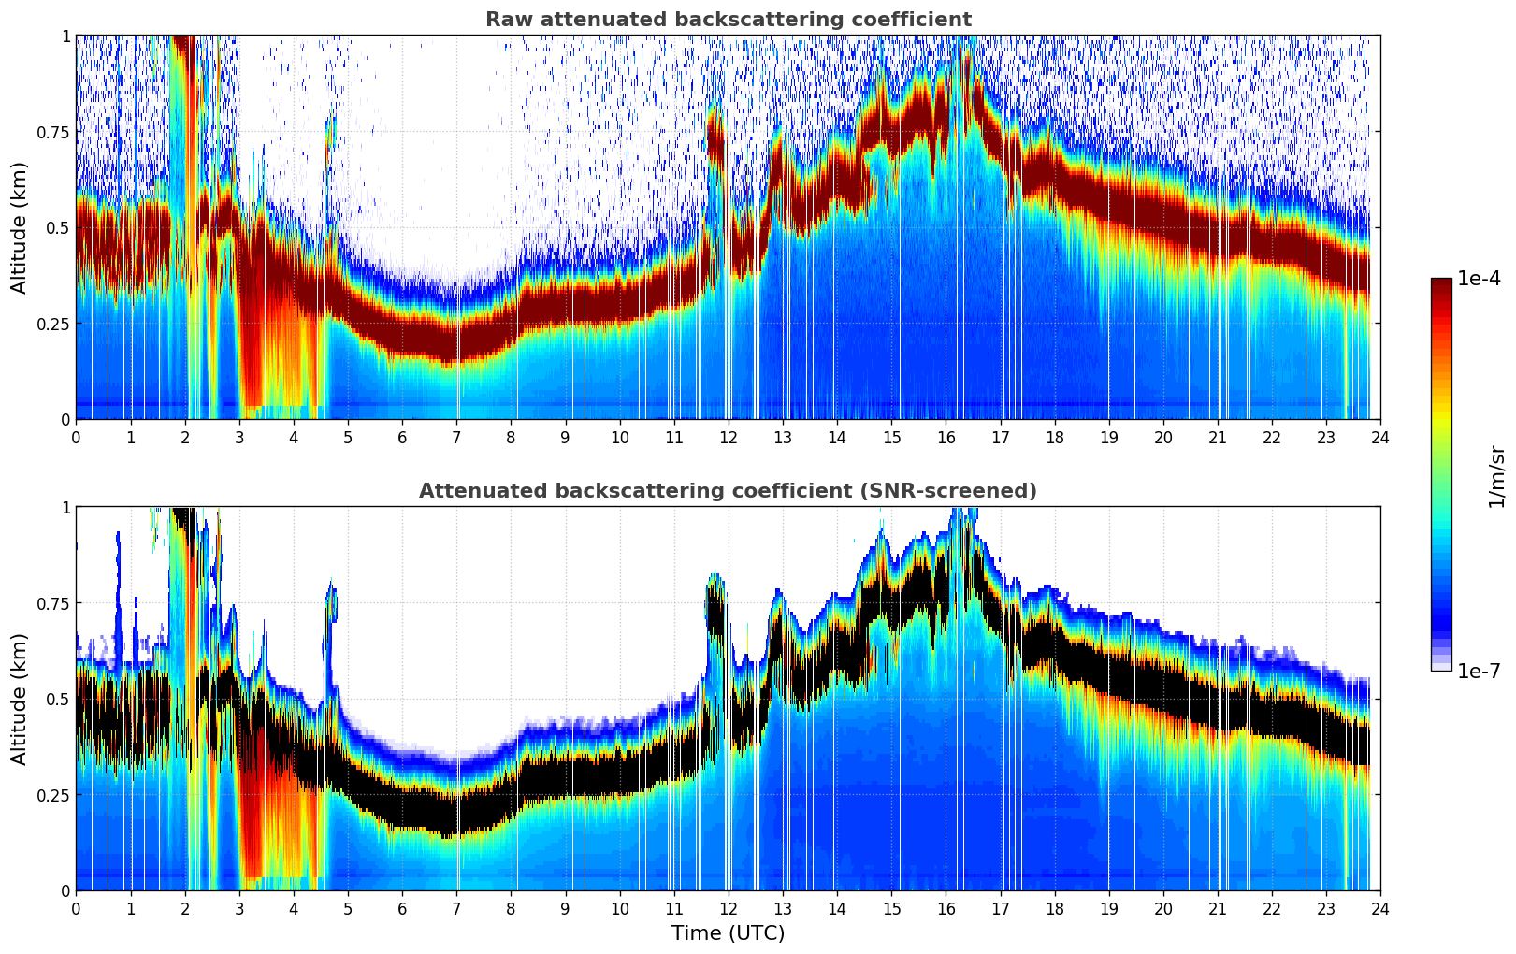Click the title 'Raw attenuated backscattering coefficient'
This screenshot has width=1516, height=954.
click(x=728, y=20)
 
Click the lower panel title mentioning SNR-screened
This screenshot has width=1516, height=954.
click(x=728, y=491)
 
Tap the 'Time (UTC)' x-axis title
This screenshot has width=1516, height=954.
click(x=728, y=932)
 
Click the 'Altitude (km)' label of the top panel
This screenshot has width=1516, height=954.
click(x=20, y=227)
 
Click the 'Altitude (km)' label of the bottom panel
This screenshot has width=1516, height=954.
click(x=20, y=699)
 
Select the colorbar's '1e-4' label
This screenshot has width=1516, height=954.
click(x=1479, y=279)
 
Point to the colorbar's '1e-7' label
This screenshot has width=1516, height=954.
click(x=1479, y=671)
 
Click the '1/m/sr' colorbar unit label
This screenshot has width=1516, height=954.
click(x=1496, y=476)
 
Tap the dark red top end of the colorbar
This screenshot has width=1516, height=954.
click(x=1441, y=283)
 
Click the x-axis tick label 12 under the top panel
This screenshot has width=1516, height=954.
click(x=729, y=437)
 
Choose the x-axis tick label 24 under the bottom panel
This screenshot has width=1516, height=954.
click(x=1380, y=908)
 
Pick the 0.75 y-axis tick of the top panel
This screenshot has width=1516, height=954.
click(x=51, y=132)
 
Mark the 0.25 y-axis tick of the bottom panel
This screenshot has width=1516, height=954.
click(x=51, y=795)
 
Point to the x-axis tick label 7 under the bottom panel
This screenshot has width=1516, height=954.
click(x=456, y=908)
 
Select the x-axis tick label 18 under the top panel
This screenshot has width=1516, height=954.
click(x=1054, y=437)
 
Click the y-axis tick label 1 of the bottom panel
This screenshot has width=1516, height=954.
click(x=65, y=508)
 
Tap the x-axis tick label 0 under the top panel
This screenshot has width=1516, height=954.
click(x=76, y=437)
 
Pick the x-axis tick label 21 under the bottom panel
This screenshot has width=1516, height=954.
click(x=1218, y=908)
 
